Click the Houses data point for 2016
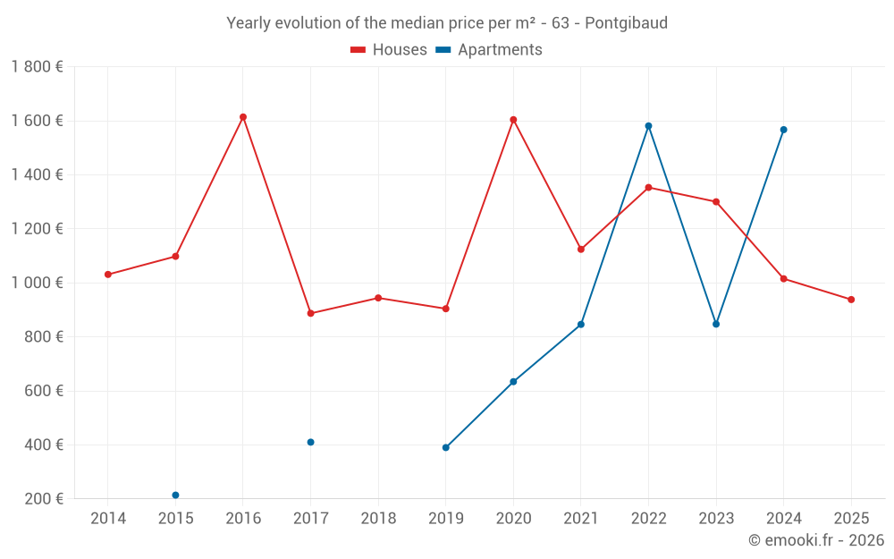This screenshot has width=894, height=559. click(243, 117)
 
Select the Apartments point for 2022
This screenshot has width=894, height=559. click(648, 126)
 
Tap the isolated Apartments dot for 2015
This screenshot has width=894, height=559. click(175, 495)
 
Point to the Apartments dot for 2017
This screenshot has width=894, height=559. click(310, 442)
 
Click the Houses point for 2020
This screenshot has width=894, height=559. click(513, 120)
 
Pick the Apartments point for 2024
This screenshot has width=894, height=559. click(783, 130)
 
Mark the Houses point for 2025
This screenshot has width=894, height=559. click(851, 300)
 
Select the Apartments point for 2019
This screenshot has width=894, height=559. click(446, 447)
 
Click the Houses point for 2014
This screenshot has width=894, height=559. click(108, 275)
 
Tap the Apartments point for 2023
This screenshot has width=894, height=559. click(716, 324)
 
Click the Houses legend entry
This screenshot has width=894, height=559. click(389, 50)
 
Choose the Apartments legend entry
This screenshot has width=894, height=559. click(489, 50)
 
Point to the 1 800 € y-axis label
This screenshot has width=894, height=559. click(37, 67)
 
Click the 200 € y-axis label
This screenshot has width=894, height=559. click(41, 499)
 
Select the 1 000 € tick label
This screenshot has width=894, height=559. click(37, 283)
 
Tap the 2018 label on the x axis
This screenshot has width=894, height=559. click(378, 519)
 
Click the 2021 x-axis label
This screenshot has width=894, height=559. click(581, 519)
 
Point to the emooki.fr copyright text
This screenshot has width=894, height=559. click(815, 540)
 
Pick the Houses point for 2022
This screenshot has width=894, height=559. click(648, 188)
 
